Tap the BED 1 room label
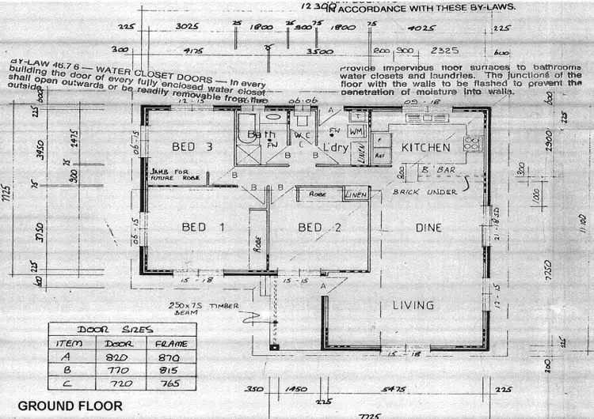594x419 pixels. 204,228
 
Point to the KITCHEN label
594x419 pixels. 425,148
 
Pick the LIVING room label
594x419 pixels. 413,305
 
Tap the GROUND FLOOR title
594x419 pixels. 70,406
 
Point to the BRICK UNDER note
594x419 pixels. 430,192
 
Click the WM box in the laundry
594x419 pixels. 356,130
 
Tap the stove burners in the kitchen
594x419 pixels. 472,143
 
